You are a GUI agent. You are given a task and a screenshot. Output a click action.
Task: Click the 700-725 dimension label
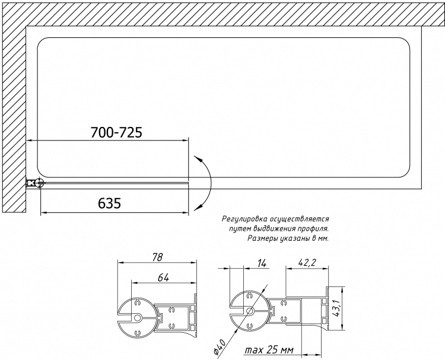tap(116, 132)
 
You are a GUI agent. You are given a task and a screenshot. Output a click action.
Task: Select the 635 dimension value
tap(110, 203)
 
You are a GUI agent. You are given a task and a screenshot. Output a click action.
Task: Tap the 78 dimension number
tap(157, 257)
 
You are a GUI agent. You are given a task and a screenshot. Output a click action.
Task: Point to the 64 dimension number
tap(163, 278)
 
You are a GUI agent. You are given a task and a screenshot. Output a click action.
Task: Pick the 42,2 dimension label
tap(307, 262)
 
